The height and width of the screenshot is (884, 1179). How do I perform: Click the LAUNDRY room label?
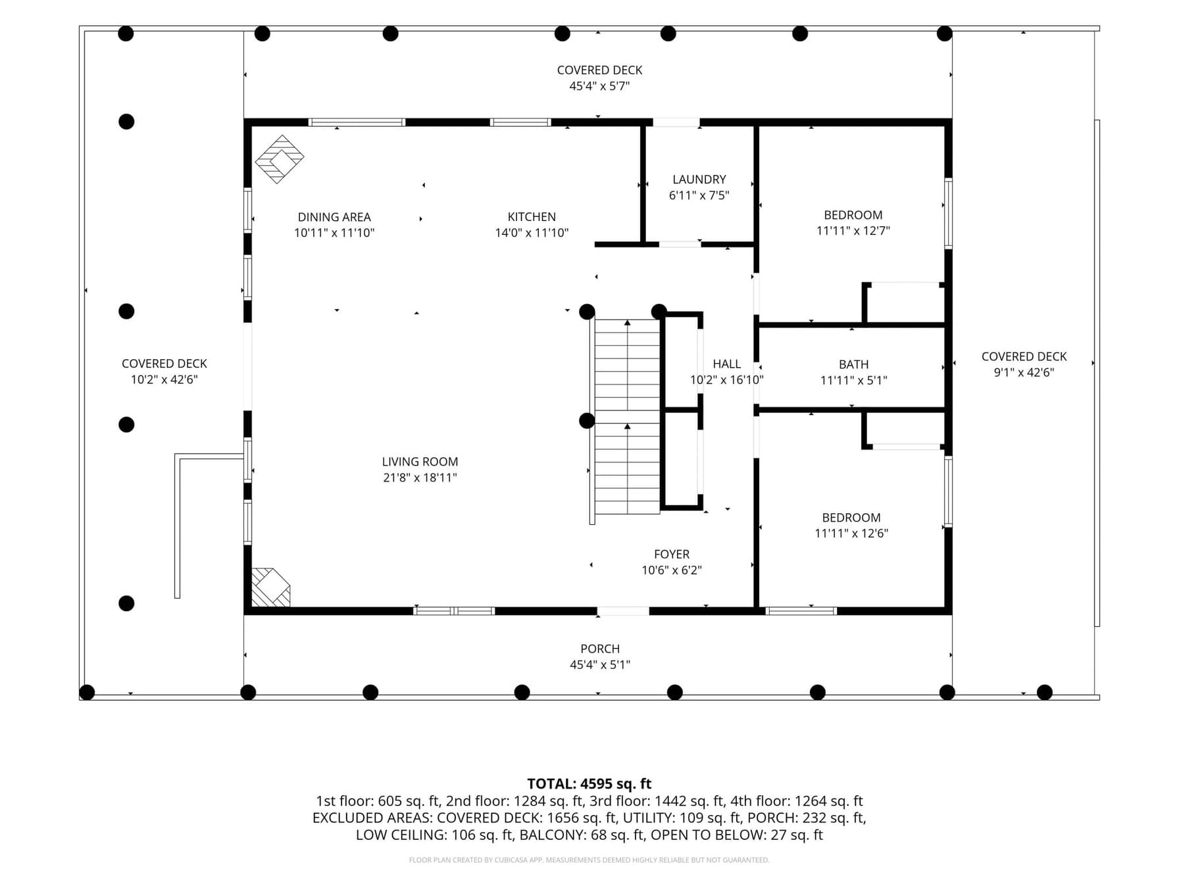[x=699, y=180]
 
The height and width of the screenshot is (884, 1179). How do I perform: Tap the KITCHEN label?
[x=532, y=217]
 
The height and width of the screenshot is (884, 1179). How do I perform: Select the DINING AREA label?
[x=334, y=217]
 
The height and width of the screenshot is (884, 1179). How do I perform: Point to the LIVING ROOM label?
[x=420, y=462]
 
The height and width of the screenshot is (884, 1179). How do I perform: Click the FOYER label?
[x=672, y=554]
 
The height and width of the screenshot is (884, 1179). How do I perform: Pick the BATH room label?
[x=853, y=364]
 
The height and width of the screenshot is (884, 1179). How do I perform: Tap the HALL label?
[x=726, y=364]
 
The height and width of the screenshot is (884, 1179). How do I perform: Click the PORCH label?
[x=600, y=649]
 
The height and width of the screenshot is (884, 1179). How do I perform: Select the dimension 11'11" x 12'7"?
[x=853, y=231]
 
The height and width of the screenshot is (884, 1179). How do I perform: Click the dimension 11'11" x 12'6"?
[x=851, y=533]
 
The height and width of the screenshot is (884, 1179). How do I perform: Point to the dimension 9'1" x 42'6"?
[x=1024, y=372]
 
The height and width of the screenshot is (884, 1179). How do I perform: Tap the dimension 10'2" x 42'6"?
[x=164, y=380]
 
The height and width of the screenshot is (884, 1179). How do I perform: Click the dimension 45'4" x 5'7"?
[x=599, y=86]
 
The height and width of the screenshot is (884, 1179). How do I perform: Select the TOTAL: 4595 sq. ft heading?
[x=589, y=784]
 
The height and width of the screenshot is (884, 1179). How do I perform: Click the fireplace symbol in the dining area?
[x=280, y=159]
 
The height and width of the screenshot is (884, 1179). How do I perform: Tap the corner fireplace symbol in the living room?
[x=270, y=587]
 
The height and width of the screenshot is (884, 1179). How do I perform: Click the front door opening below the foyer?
[x=623, y=612]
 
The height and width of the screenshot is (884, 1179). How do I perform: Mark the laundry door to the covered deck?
[x=676, y=122]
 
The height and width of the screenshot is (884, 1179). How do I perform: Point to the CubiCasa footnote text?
[x=589, y=860]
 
